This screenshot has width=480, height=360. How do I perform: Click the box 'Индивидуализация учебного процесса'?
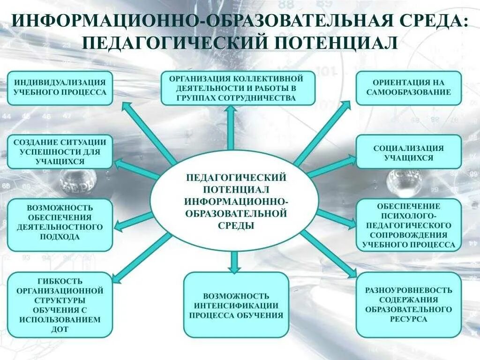tap(60, 88)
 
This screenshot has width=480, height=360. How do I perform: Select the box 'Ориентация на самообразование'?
tap(408, 88)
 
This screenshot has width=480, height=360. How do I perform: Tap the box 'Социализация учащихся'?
tap(408, 152)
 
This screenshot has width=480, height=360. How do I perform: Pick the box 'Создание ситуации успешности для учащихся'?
tap(60, 151)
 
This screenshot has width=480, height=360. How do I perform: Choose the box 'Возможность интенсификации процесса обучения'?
tap(236, 305)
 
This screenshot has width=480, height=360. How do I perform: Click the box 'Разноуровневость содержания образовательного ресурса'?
tap(408, 305)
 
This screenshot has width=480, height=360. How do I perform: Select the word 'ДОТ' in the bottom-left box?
tap(60, 329)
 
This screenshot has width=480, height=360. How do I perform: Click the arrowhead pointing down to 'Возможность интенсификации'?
tap(234, 268)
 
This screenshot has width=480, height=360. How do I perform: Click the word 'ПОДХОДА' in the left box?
tap(60, 237)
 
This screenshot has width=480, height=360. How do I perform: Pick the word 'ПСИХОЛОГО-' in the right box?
tap(408, 216)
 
